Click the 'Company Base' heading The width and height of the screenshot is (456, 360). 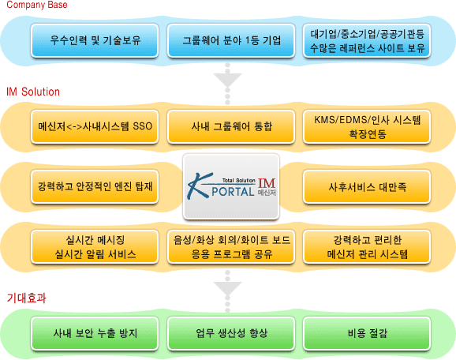coord(37,5)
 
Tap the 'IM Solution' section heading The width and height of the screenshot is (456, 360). coord(33,92)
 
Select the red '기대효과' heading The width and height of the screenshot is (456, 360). coord(26,298)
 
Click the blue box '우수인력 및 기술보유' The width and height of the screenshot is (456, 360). coord(95,40)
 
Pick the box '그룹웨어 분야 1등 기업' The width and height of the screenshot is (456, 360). coord(231,40)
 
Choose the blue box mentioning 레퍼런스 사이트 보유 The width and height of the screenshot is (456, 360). coord(367,40)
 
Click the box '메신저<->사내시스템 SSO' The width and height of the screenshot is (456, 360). coord(95,126)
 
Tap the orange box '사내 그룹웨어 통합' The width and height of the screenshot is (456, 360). coord(231,126)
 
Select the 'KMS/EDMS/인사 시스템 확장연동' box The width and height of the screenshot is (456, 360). coord(367,126)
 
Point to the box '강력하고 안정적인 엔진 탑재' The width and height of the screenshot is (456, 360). coord(95,186)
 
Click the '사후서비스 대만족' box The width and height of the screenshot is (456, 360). coord(367,186)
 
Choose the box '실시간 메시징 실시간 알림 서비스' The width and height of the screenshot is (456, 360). coord(95,247)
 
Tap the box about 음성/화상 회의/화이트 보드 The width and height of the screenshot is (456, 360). coord(231,247)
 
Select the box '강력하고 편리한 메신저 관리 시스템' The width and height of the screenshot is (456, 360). coord(367,247)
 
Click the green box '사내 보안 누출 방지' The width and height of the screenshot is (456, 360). coord(95,333)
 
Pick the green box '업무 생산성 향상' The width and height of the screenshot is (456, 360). coord(231,333)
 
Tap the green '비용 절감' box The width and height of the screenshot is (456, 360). coord(367,333)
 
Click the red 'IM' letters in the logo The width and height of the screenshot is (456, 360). coord(267,183)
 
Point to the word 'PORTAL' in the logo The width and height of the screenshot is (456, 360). coord(233,192)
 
